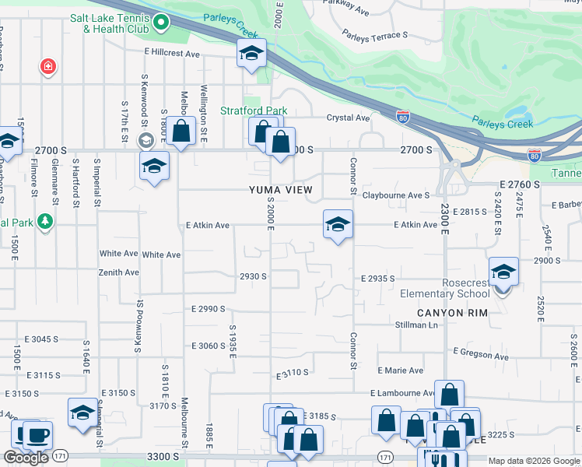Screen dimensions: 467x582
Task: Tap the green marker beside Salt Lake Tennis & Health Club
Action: coord(160,23)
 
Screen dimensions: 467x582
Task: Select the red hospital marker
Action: coord(49,67)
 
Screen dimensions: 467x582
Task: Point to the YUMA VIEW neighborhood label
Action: coord(280,190)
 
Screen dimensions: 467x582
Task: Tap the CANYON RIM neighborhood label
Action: coord(452,312)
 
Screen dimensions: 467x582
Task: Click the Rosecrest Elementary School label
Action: coord(444,288)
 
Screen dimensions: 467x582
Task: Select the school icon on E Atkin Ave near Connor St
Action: coord(338,225)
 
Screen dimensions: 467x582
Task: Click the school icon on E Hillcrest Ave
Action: coord(252,54)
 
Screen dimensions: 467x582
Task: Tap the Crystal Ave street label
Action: coord(348,118)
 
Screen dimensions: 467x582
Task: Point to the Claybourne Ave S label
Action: coord(395,195)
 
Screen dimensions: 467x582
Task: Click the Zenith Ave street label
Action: coord(118,272)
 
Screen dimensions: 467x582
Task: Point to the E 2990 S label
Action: coord(208,309)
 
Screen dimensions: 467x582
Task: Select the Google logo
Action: coord(26,458)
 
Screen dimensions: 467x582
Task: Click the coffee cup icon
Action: coord(37,435)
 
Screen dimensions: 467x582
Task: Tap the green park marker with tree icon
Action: coord(45,223)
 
